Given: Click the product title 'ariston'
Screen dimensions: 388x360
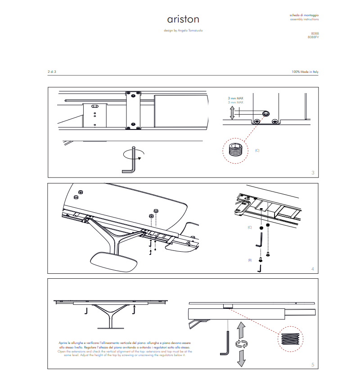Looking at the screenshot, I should (183, 20).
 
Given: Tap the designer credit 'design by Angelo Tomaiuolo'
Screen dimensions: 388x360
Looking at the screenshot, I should (183, 31).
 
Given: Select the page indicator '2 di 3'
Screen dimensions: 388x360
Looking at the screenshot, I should (52, 72).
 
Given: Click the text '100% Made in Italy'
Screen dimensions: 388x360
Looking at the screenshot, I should (305, 72).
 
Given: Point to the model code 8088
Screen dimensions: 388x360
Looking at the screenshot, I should (315, 34).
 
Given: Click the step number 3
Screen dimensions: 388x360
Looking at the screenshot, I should (313, 173).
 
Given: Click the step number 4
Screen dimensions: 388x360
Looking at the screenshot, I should (313, 269).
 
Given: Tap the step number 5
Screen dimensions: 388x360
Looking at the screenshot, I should (313, 365).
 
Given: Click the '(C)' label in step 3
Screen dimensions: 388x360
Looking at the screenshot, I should (257, 150).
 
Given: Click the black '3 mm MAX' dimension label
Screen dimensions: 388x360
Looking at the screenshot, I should (235, 98).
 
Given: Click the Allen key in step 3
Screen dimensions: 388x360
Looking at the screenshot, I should (130, 160).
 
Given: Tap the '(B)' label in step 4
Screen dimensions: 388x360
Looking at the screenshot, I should (250, 260).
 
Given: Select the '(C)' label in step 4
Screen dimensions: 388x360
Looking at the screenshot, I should (250, 227).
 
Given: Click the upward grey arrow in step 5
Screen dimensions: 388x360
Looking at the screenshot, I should (242, 330).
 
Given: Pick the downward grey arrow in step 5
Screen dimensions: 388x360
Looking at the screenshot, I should (242, 358).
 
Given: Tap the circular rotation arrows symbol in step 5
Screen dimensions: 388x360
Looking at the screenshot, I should (242, 345).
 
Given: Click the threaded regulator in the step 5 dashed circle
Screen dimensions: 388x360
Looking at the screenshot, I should (289, 339).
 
